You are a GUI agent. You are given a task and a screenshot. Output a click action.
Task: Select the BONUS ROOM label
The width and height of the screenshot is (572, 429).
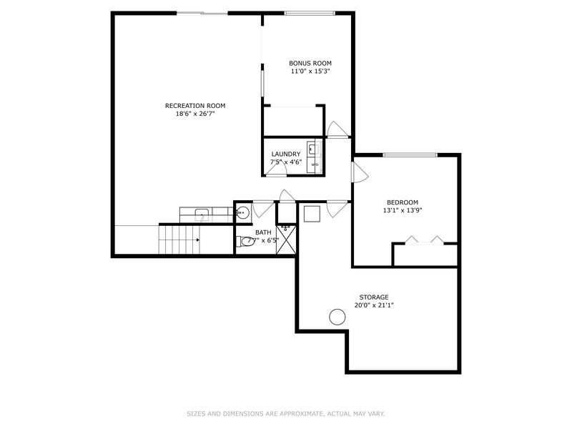tap(310, 63)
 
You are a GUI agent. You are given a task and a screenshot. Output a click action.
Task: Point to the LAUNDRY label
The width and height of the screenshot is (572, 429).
tap(285, 154)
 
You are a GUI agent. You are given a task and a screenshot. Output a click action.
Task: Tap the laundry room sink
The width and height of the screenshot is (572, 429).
tap(312, 149)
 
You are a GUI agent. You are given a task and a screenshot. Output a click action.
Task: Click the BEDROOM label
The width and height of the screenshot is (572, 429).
tap(403, 202)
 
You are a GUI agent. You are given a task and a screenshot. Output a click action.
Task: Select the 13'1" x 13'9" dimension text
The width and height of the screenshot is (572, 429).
tap(403, 211)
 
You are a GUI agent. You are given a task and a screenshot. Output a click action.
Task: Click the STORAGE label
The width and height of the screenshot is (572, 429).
tap(374, 297)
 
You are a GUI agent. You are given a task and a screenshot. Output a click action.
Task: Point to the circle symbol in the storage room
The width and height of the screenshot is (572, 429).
tap(337, 317)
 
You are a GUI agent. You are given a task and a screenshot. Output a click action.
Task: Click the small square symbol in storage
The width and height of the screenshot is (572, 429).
tap(312, 214)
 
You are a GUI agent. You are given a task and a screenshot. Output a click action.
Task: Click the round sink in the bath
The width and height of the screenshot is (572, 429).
tap(242, 212)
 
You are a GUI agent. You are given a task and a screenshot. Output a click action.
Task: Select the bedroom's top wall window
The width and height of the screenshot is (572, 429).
tap(410, 154)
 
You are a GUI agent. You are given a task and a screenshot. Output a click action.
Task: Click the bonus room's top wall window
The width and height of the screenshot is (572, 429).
tap(310, 13)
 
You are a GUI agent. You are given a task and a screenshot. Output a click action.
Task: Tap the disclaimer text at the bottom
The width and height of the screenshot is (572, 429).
tap(286, 413)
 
